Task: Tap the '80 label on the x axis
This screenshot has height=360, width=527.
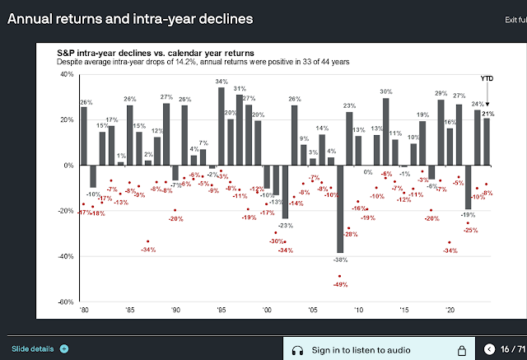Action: click(x=83, y=311)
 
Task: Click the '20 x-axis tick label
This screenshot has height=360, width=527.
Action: click(x=449, y=311)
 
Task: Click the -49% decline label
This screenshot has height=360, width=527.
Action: click(x=339, y=285)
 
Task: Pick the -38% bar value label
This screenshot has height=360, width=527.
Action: click(x=339, y=259)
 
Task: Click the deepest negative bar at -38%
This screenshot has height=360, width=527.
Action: click(x=339, y=209)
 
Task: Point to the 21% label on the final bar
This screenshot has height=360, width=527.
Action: click(x=488, y=113)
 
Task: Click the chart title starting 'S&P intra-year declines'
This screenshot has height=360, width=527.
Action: click(x=161, y=53)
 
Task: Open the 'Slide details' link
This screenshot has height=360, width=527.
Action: click(x=31, y=348)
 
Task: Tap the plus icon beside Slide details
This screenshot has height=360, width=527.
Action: click(x=64, y=348)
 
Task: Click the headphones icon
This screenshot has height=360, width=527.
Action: click(x=297, y=350)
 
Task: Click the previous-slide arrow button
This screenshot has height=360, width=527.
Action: click(x=490, y=350)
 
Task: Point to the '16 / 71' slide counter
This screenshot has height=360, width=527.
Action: click(x=513, y=350)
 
